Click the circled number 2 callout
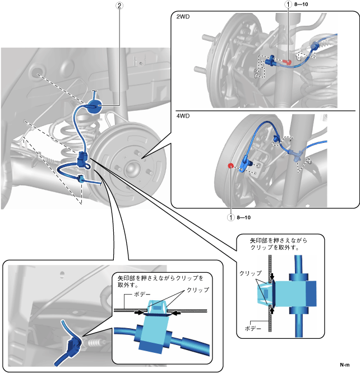click(x=119, y=6)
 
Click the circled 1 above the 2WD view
click(x=288, y=4)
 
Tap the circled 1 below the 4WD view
click(x=230, y=217)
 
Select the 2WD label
click(x=183, y=17)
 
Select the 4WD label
click(x=183, y=116)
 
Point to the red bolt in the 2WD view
click(x=287, y=62)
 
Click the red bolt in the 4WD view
click(x=230, y=166)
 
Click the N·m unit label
click(x=345, y=365)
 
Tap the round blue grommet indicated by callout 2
click(x=95, y=106)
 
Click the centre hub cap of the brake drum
click(x=132, y=168)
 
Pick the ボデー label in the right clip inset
click(x=253, y=329)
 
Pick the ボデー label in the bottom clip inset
click(x=142, y=294)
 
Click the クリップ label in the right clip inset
click(x=251, y=273)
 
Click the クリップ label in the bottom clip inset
click(x=198, y=290)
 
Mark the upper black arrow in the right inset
click(x=272, y=277)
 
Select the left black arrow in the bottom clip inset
click(x=139, y=313)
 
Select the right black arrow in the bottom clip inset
click(x=176, y=314)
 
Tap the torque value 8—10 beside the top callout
click(x=301, y=4)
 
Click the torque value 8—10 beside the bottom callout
click(x=244, y=217)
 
